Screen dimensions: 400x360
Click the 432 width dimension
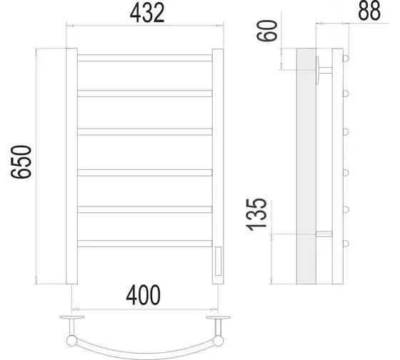tap(147, 14)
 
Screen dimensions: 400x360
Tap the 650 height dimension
tap(21, 161)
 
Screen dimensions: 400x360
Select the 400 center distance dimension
tap(144, 295)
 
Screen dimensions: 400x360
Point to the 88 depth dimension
tap(369, 11)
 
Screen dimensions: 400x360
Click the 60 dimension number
tap(267, 31)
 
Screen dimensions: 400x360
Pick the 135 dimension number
tap(256, 214)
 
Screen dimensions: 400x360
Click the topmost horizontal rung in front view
tap(144, 58)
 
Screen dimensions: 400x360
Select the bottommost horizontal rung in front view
tap(144, 244)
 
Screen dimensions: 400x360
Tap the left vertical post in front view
tap(71, 166)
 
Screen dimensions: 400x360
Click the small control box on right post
tap(218, 261)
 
